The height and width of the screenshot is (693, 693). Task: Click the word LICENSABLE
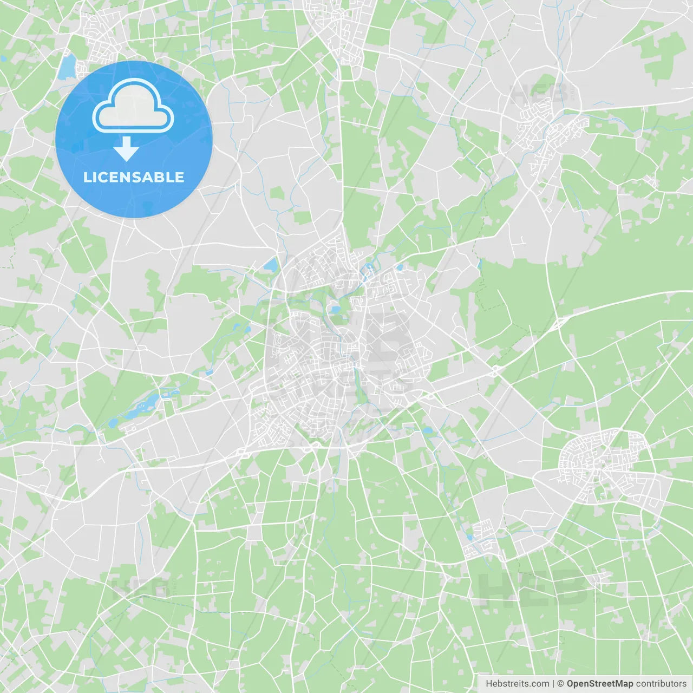pos(134,178)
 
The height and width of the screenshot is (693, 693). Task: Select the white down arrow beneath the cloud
pos(127,149)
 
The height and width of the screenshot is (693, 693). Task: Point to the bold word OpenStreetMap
pos(600,684)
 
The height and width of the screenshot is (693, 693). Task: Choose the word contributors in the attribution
pos(661,684)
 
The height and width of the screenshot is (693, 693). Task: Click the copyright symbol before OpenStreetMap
pos(561,684)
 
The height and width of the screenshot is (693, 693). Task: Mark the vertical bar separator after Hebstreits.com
pos(553,684)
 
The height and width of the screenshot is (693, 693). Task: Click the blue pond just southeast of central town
pos(428,431)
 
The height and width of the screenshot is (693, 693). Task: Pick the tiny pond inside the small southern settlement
pos(469,537)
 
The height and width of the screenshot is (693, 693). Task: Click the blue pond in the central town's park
pos(336,310)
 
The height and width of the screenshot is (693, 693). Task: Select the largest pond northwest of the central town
pos(270,265)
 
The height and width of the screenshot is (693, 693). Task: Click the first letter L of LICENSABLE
pos(87,178)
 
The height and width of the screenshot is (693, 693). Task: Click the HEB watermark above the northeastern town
pos(539,95)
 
